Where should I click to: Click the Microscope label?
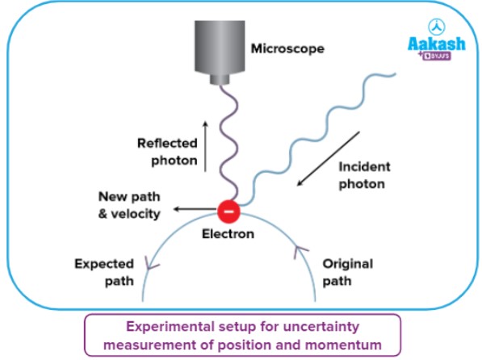pos(287,48)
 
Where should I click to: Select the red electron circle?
pos(228,211)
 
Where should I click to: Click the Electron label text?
pos(228,234)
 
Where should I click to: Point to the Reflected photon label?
pos(167,151)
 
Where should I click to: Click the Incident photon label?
pos(363,175)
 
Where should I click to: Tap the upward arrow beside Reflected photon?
pos(205,145)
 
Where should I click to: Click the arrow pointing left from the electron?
pos(194,210)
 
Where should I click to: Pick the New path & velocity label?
pos(129,204)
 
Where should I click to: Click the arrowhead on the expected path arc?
pos(148,261)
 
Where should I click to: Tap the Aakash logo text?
pos(435,45)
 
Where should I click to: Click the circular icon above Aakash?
pos(435,26)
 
